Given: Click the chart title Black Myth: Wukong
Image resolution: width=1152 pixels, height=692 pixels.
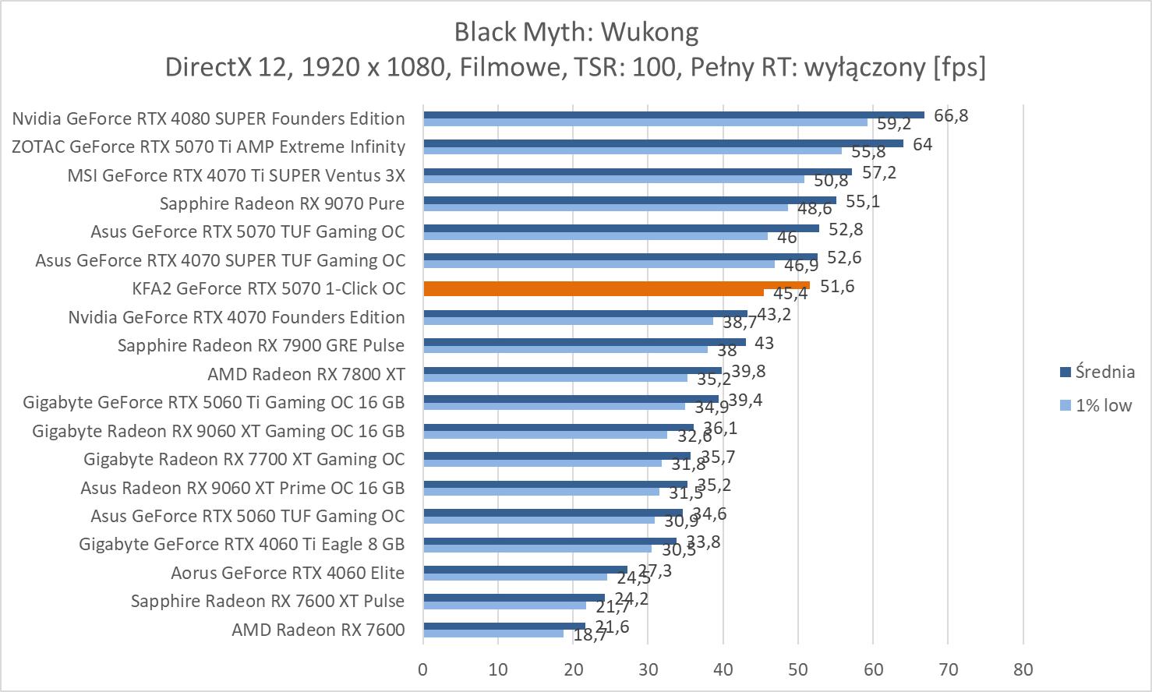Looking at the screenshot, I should [576, 32].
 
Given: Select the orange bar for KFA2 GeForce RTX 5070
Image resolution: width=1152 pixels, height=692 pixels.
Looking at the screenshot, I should [616, 285].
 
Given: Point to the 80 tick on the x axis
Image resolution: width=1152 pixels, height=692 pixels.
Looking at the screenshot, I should [1023, 669].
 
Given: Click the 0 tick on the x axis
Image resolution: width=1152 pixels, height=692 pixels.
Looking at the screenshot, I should [423, 669].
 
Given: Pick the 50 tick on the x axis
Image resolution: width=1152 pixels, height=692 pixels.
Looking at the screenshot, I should [797, 669].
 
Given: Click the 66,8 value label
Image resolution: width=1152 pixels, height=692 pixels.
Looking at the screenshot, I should [951, 115].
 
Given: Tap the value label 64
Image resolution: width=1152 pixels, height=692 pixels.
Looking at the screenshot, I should [923, 144].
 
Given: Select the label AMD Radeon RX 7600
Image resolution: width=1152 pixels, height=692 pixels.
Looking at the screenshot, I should [318, 630].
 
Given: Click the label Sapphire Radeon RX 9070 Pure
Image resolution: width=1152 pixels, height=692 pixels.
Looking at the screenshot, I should [282, 203].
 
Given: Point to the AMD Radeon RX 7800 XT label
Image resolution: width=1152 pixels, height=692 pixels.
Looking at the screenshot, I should [306, 374].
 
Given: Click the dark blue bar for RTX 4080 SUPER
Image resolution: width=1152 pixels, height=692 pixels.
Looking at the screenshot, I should [673, 115].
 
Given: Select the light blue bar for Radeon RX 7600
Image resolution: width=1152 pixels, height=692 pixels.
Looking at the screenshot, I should [493, 634].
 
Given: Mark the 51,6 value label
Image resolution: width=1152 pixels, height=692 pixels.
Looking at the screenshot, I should [837, 286].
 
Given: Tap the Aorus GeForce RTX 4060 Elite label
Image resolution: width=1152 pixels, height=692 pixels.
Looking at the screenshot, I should [288, 573].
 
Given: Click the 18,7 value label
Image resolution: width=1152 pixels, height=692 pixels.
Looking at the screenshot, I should [590, 636].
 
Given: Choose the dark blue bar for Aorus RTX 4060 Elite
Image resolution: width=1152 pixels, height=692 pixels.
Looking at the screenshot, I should [525, 570].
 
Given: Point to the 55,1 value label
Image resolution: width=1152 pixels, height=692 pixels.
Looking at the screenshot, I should [863, 201].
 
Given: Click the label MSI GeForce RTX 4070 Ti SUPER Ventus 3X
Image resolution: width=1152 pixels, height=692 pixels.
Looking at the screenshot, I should [236, 175].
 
